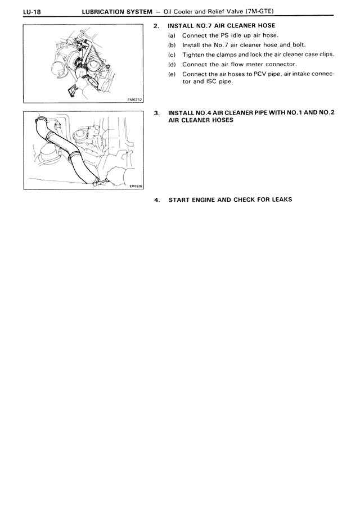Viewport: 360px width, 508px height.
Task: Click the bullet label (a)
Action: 172,35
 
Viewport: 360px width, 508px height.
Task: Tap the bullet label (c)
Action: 172,54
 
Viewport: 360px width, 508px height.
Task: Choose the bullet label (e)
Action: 172,73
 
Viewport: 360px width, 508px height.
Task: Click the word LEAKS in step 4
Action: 280,199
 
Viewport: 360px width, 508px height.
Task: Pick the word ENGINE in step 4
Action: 203,199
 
